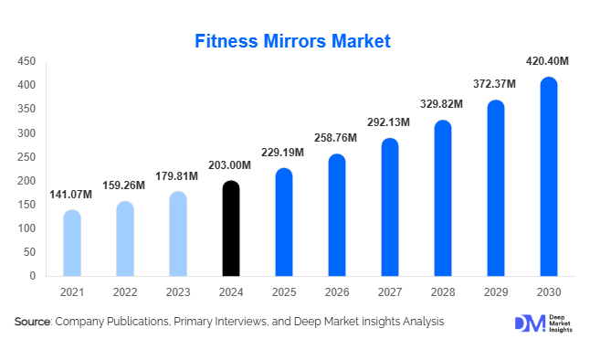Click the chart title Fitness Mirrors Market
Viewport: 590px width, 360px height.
coord(294,41)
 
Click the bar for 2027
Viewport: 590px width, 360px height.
coord(389,207)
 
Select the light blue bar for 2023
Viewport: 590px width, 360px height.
coord(178,234)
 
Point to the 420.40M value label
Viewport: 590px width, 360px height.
coord(548,61)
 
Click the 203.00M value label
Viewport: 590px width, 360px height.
coord(232,164)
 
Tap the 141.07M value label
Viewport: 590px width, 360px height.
coord(71,194)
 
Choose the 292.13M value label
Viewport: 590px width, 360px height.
coord(389,122)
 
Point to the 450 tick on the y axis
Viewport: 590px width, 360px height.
coord(26,61)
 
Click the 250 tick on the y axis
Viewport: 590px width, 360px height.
coord(26,156)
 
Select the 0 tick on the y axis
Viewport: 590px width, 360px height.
coord(32,275)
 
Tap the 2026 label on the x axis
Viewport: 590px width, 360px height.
coord(336,292)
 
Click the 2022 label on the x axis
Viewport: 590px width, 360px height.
coord(124,292)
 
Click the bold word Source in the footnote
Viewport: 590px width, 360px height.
coord(32,322)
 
